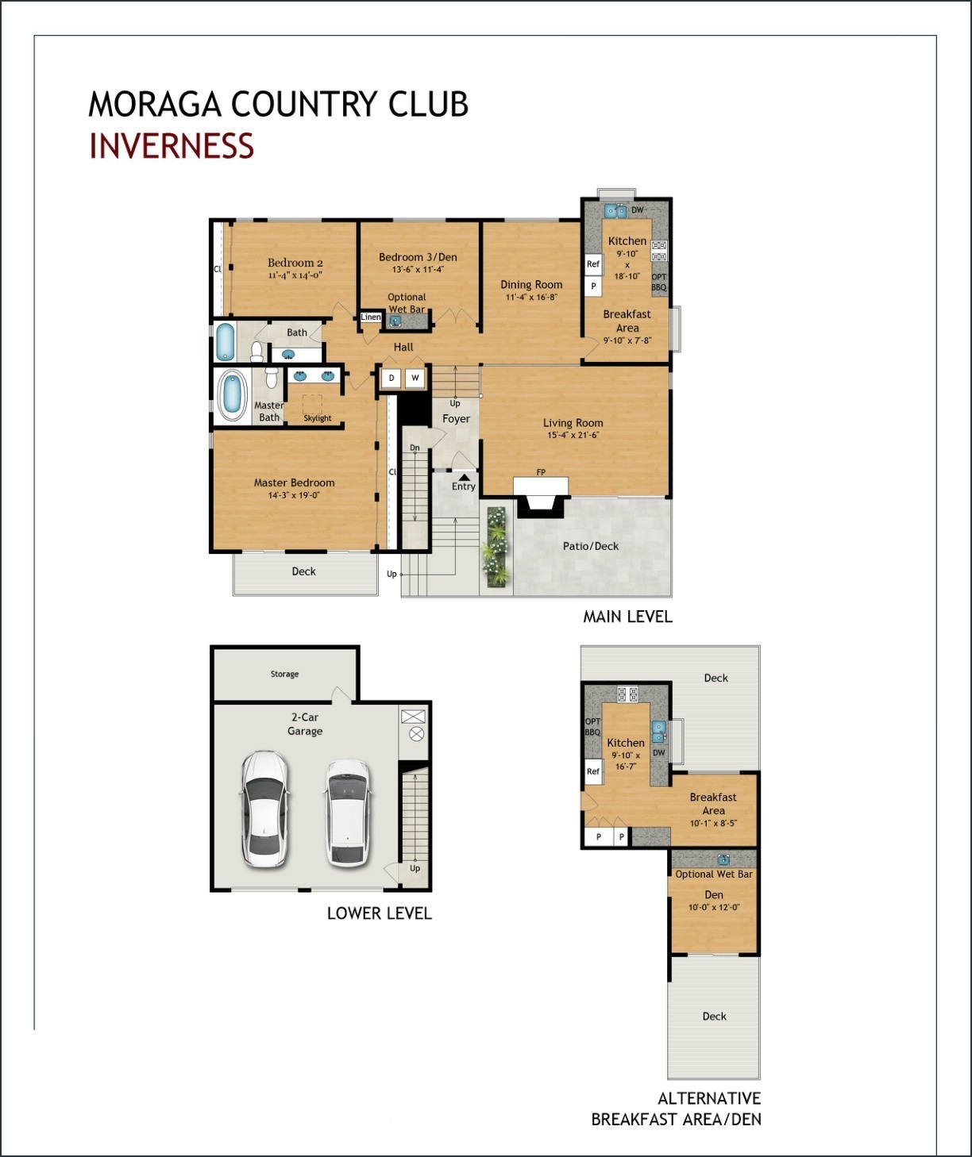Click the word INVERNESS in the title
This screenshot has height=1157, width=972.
tap(171, 146)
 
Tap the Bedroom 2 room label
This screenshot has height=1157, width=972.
tap(295, 263)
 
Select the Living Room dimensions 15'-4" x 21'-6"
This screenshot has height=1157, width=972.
tap(573, 435)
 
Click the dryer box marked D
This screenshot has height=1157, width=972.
tap(391, 379)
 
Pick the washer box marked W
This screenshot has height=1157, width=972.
tap(415, 379)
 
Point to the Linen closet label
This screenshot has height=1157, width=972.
tap(371, 317)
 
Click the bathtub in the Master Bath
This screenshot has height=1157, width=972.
tap(232, 396)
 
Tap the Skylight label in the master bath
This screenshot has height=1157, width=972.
tap(317, 418)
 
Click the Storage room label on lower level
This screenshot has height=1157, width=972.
tap(284, 674)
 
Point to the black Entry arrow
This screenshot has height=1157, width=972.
tap(464, 477)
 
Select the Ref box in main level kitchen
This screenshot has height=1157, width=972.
tap(592, 264)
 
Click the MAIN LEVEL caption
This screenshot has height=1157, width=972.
tap(627, 617)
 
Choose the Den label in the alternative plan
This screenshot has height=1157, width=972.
tap(714, 894)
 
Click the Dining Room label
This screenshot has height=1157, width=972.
tap(531, 284)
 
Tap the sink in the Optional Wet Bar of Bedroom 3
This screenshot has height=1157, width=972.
tap(395, 321)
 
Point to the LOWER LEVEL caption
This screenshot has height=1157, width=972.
tap(379, 913)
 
